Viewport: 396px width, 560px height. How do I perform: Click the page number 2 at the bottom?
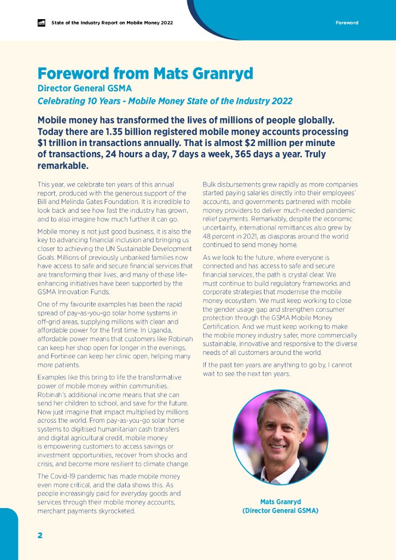(x=40, y=535)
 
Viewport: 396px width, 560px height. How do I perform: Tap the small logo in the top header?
(x=41, y=23)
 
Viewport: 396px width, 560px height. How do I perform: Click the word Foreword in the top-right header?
(x=347, y=23)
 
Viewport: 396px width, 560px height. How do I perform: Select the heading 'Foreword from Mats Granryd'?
(x=146, y=74)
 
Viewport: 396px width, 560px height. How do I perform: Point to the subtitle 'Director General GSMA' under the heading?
(x=85, y=88)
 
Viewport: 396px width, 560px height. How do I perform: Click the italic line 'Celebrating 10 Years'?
(x=165, y=101)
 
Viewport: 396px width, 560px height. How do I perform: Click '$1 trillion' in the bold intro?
(x=61, y=143)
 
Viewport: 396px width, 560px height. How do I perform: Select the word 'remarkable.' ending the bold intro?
(x=63, y=166)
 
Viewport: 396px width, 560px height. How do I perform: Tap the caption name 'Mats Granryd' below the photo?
(x=281, y=501)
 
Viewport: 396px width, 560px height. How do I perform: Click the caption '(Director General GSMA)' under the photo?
(x=281, y=511)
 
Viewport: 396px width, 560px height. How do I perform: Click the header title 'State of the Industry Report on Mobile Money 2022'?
(x=112, y=23)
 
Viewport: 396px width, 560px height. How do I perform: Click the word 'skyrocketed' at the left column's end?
(x=116, y=511)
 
